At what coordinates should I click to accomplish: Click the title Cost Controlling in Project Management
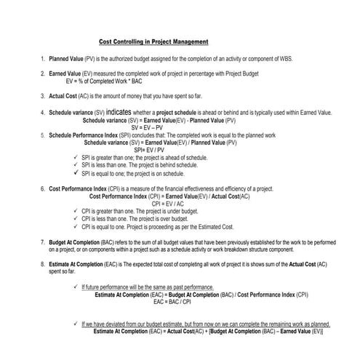[x=153, y=41]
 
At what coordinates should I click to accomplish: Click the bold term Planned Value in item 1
[x=65, y=57]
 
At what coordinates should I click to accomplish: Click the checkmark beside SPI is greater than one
[x=76, y=157]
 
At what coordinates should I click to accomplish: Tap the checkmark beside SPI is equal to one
[x=76, y=173]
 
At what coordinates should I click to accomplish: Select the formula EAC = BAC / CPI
[x=172, y=300]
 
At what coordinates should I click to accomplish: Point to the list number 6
[x=42, y=188]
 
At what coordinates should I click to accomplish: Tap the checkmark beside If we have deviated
[x=76, y=324]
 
